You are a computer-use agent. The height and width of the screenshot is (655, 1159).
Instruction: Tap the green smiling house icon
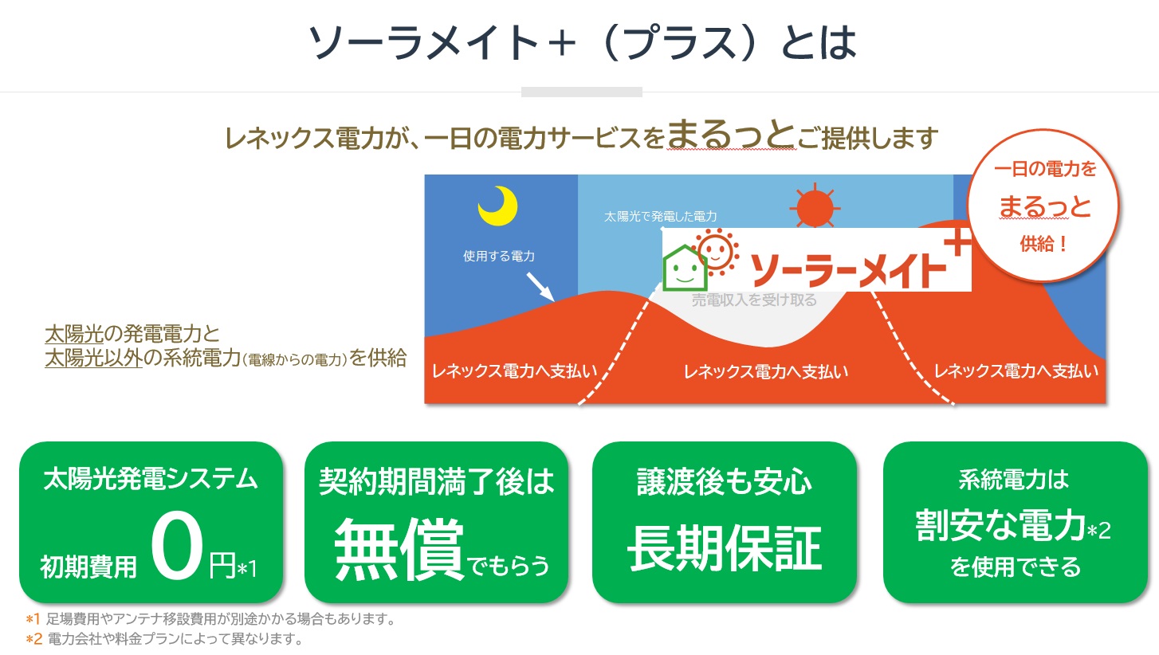(x=685, y=268)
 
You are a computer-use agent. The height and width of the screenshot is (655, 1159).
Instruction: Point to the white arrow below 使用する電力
(x=540, y=287)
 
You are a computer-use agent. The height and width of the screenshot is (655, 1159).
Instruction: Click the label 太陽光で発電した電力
(x=660, y=216)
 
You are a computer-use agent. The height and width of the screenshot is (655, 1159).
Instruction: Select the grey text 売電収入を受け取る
(x=754, y=300)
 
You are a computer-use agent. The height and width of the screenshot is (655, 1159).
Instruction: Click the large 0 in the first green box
(x=176, y=545)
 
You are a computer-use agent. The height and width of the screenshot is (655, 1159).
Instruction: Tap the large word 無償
(x=399, y=550)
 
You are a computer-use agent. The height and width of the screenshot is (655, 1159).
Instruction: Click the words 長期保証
(x=725, y=548)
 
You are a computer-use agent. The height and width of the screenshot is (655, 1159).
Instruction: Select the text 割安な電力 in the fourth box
(x=1000, y=526)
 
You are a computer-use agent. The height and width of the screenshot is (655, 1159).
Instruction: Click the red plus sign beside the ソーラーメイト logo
(x=957, y=241)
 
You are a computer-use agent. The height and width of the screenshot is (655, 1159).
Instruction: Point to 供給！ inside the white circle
(x=1043, y=244)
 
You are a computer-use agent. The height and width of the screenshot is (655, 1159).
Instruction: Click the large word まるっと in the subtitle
(x=731, y=135)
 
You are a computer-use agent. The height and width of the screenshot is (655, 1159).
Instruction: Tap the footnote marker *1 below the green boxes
(x=33, y=619)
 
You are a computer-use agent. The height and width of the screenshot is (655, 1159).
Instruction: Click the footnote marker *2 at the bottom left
(x=34, y=640)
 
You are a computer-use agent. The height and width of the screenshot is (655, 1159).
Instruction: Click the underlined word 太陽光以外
(x=93, y=358)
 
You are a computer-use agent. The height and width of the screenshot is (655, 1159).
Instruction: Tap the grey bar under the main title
(x=582, y=92)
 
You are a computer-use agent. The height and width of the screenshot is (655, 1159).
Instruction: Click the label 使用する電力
(x=499, y=256)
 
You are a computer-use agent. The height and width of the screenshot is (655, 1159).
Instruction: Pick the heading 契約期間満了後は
(x=437, y=481)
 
